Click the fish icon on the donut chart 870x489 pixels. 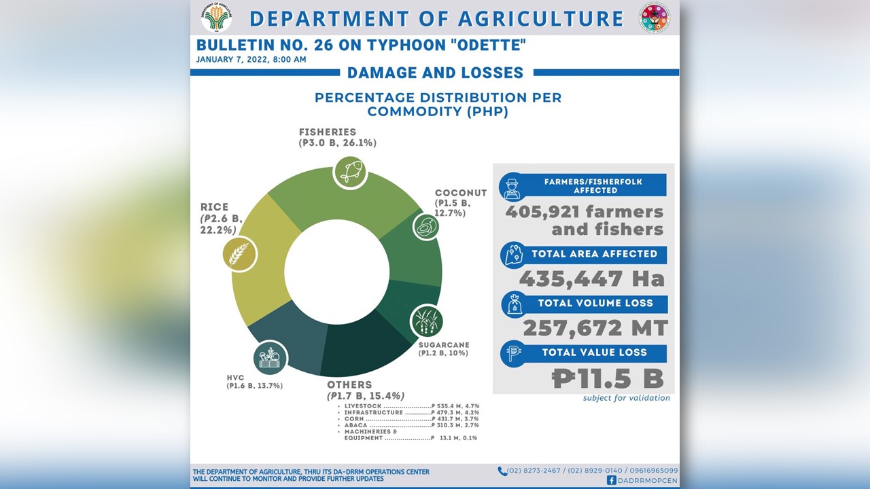click(350, 172)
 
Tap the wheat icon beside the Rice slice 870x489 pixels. click(240, 254)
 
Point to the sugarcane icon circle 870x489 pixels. click(427, 320)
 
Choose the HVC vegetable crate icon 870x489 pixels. click(270, 357)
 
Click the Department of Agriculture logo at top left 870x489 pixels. click(216, 17)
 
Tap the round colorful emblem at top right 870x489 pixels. click(654, 18)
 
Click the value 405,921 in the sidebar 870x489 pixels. click(544, 212)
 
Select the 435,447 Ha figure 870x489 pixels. click(591, 278)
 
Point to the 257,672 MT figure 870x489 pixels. click(595, 328)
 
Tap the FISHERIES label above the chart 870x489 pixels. click(327, 132)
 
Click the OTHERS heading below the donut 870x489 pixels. click(349, 384)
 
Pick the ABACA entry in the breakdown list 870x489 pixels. click(358, 425)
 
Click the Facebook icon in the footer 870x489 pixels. click(612, 480)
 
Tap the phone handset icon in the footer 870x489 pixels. click(502, 471)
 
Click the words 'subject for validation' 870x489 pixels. click(626, 398)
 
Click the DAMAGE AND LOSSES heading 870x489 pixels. click(435, 73)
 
